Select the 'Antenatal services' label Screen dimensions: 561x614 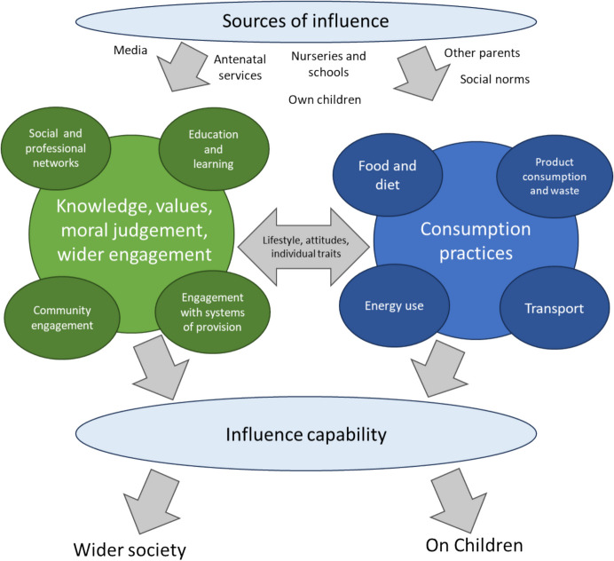[x=238, y=68]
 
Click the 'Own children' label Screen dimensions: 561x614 [x=325, y=99]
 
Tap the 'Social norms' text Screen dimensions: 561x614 [x=495, y=80]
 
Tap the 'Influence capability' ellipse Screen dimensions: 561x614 [x=306, y=435]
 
